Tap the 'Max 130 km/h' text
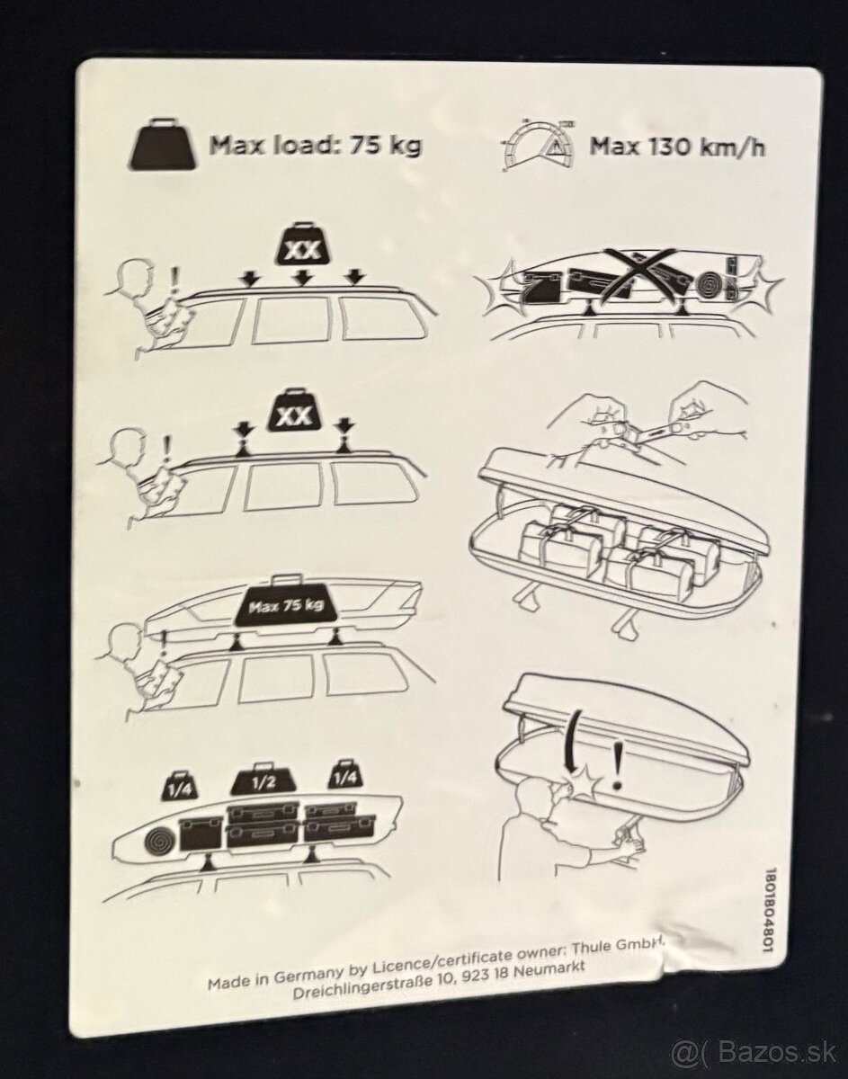pyautogui.click(x=677, y=146)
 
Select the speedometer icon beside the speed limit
pyautogui.click(x=536, y=144)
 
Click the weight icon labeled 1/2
pyautogui.click(x=262, y=779)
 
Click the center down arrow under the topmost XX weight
pyautogui.click(x=304, y=279)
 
